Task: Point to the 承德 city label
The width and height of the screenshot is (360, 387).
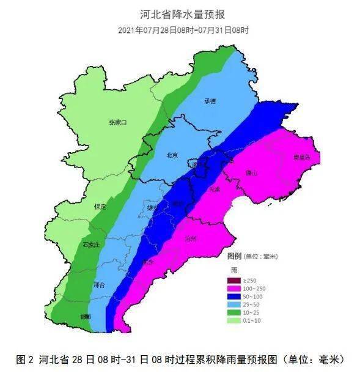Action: [x=210, y=101]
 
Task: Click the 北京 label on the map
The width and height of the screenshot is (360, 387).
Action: [x=172, y=155]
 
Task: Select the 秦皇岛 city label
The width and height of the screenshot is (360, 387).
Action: [x=301, y=157]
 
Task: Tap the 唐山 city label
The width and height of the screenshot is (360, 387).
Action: [x=252, y=173]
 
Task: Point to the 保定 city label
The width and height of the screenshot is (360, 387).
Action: [x=100, y=207]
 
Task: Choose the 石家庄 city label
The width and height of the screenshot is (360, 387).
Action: [x=92, y=245]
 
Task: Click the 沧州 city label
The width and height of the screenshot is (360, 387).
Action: [x=190, y=239]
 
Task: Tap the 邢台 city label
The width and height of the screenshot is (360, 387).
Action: [x=99, y=285]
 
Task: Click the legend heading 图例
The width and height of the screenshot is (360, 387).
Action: [x=235, y=255]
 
